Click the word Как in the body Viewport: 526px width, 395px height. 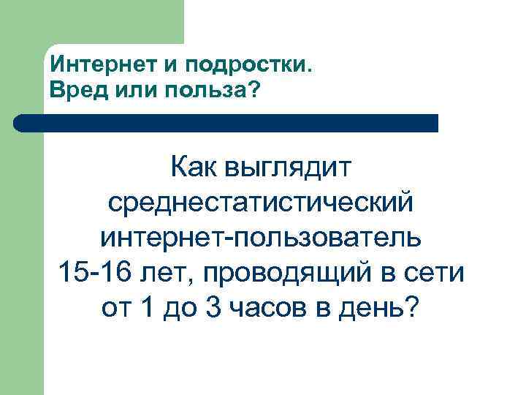(x=195, y=169)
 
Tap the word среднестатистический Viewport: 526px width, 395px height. (x=262, y=203)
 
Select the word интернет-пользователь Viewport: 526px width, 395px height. (x=262, y=238)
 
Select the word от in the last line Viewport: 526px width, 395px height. (x=116, y=306)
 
